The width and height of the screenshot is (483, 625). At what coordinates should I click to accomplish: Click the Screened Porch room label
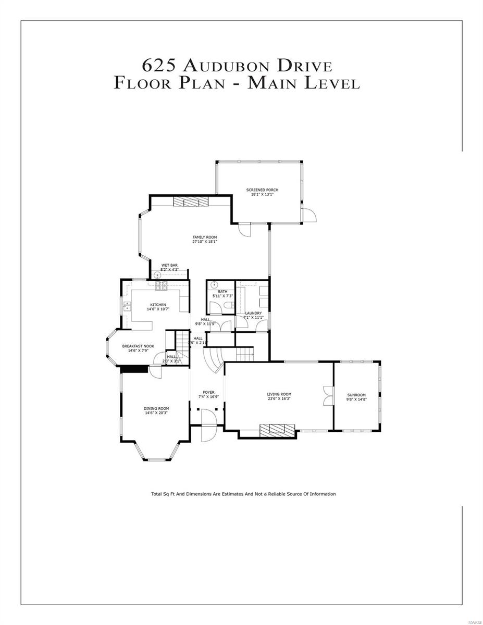(x=262, y=190)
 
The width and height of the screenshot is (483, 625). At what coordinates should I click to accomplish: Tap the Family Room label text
(x=205, y=237)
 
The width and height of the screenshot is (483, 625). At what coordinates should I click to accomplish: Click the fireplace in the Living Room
(x=277, y=429)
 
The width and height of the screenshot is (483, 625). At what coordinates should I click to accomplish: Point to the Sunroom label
(x=356, y=395)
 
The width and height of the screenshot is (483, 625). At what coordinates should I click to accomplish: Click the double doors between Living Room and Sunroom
(x=327, y=396)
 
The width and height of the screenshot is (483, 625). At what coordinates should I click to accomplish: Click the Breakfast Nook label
(x=138, y=346)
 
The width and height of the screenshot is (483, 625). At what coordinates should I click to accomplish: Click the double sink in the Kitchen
(x=127, y=307)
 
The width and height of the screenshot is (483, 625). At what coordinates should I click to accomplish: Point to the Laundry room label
(x=253, y=313)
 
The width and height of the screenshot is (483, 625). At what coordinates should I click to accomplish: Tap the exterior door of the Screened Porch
(x=309, y=215)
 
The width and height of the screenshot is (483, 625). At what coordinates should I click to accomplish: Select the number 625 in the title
(x=159, y=67)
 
